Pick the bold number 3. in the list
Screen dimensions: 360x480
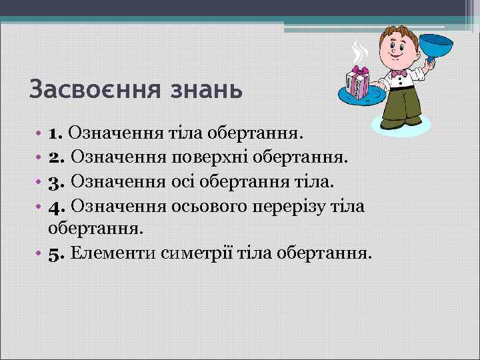[57, 181]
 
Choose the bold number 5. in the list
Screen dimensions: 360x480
[57, 253]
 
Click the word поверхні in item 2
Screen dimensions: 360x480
[209, 157]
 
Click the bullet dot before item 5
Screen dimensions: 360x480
[41, 254]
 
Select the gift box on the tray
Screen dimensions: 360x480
[359, 83]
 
